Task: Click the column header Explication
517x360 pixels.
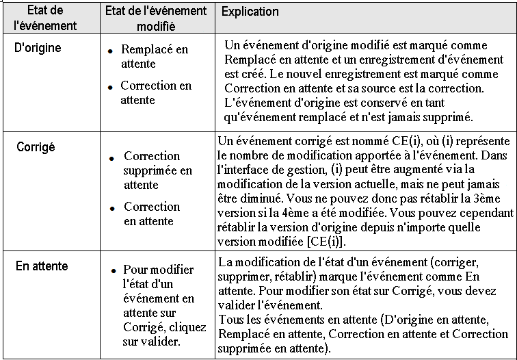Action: coord(250,12)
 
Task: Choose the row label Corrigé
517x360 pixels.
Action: coord(36,146)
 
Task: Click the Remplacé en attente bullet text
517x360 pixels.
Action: coord(154,57)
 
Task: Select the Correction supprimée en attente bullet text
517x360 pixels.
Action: coord(158,170)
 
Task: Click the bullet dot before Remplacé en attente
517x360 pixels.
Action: coord(109,51)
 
